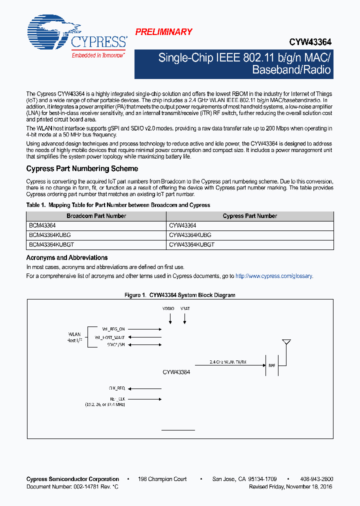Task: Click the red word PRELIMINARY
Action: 163,32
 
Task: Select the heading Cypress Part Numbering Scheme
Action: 82,168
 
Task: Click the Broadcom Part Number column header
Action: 96,216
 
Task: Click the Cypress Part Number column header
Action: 249,216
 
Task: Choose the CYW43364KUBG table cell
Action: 190,235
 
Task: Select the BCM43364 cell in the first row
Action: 42,225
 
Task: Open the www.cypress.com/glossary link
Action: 273,276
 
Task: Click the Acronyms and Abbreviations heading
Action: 67,257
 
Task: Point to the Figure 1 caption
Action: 179,295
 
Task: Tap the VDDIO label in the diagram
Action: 168,309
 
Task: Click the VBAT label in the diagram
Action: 185,309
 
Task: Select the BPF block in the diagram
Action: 272,365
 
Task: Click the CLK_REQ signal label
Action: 116,388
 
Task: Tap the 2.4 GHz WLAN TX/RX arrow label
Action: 228,361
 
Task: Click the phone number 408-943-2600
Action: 317,479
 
